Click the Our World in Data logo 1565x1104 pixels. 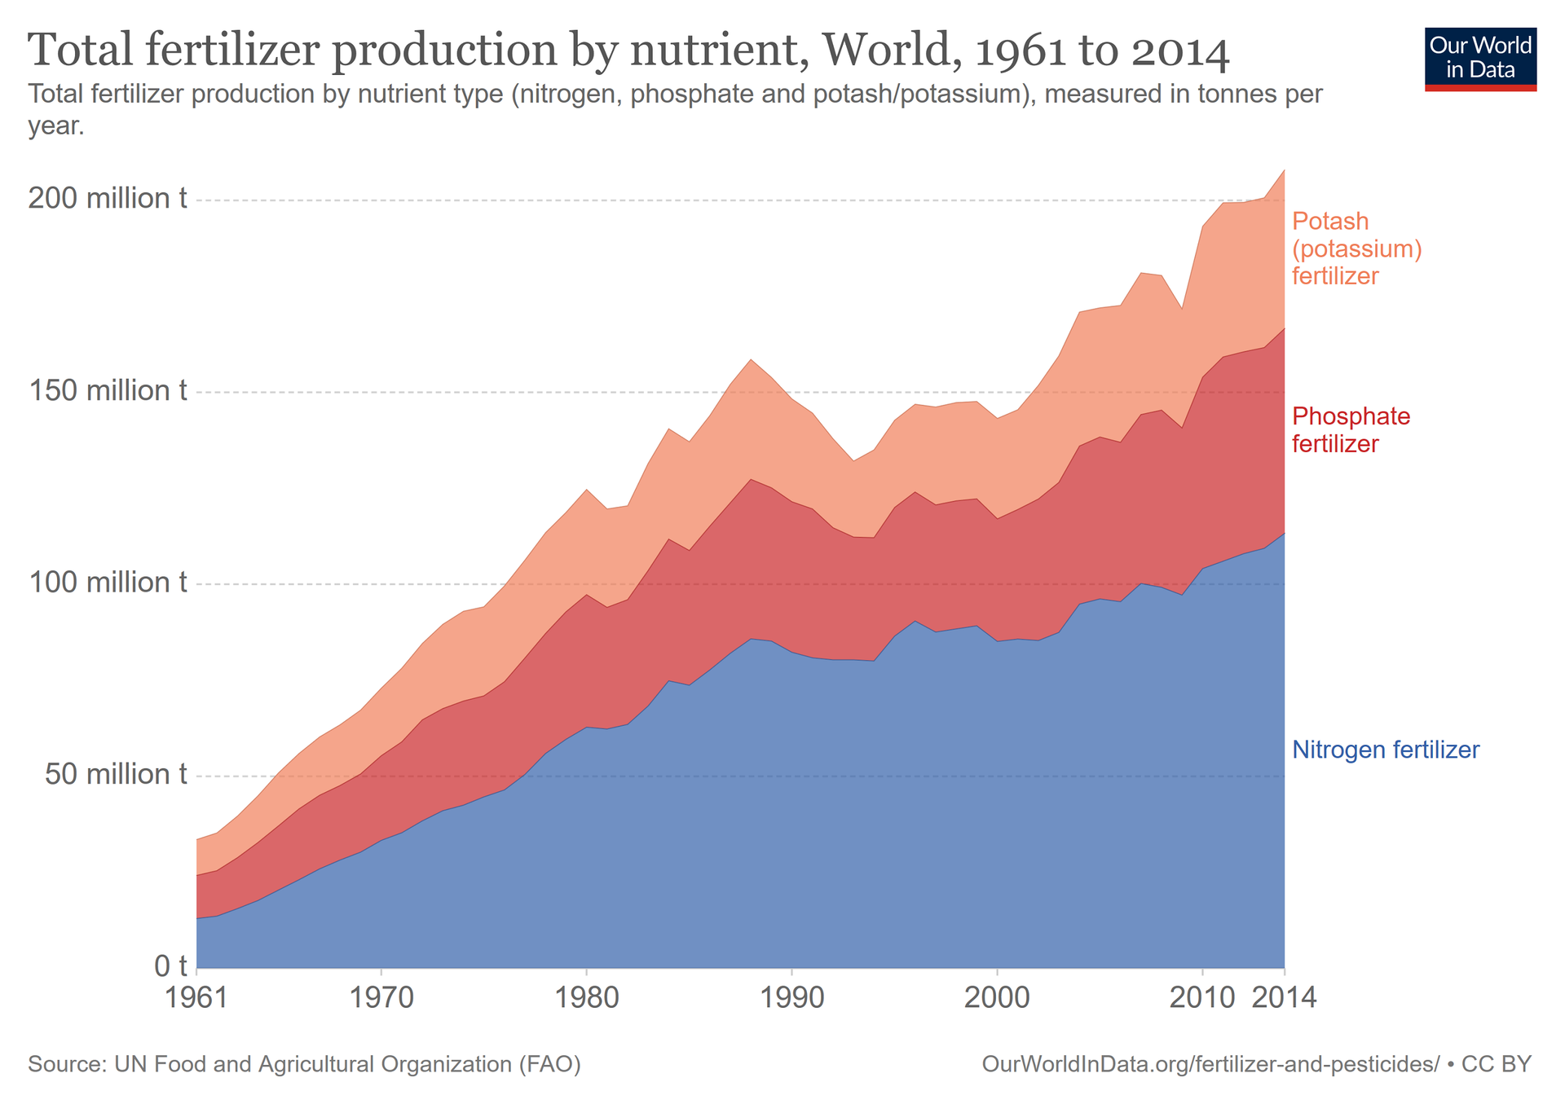click(1480, 59)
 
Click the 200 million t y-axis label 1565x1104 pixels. click(108, 198)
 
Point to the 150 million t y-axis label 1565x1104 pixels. click(108, 390)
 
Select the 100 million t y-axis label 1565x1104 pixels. click(108, 583)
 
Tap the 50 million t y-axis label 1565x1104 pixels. click(115, 774)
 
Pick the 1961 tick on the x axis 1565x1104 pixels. click(197, 997)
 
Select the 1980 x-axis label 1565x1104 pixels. click(586, 997)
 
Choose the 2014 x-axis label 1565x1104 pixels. click(1283, 997)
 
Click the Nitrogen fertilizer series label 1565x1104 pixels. click(1386, 750)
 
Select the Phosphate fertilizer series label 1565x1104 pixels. click(1351, 430)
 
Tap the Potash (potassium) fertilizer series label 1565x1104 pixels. click(1356, 249)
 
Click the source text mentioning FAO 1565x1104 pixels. click(304, 1064)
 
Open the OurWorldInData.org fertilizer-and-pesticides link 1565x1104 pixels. click(1210, 1064)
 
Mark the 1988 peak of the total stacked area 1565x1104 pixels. click(751, 359)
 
